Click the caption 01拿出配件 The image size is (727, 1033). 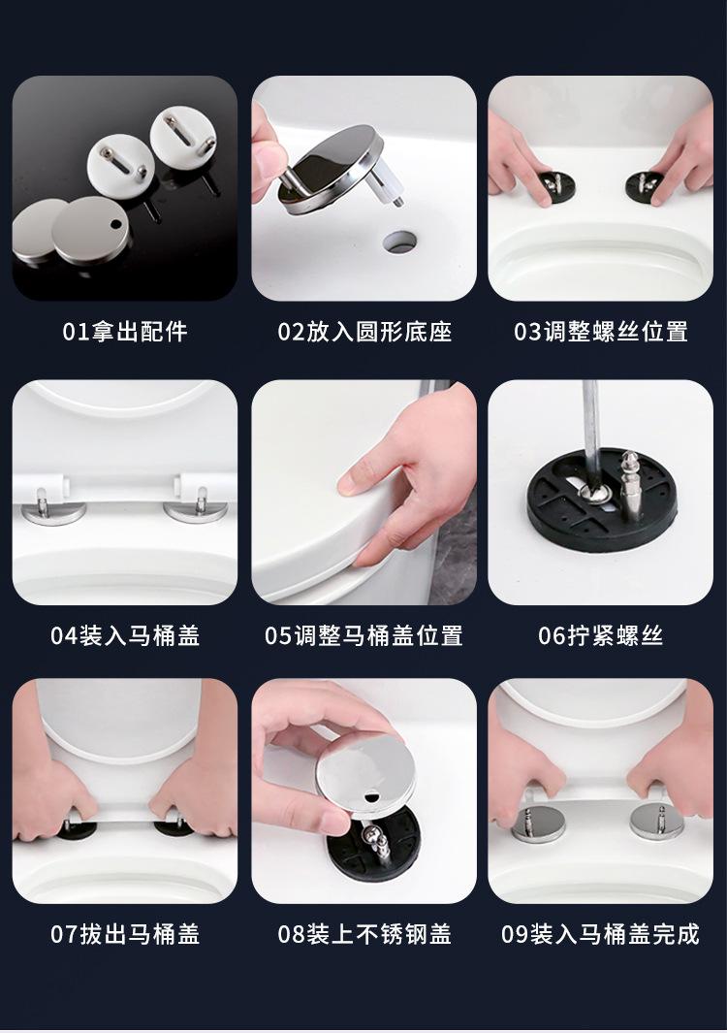tap(125, 332)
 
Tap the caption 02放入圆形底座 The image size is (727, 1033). tap(364, 332)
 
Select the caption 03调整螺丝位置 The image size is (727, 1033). tap(601, 332)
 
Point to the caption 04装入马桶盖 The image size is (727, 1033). tap(125, 635)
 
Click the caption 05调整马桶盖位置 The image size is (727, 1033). tap(364, 635)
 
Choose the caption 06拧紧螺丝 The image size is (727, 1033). tap(601, 635)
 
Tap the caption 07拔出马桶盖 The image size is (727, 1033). tap(125, 934)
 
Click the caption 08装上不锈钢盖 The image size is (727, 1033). tap(364, 934)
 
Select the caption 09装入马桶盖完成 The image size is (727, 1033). tap(601, 934)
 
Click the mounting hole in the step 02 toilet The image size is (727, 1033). tap(399, 242)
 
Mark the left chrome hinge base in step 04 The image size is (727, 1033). tap(52, 512)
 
